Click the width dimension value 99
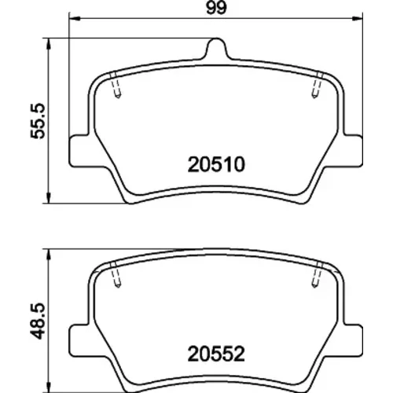tap(216, 8)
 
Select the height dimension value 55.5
tap(39, 121)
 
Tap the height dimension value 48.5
tap(39, 321)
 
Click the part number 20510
tap(216, 164)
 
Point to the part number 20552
tap(216, 354)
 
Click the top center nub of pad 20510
tap(216, 48)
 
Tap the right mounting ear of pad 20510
tap(353, 151)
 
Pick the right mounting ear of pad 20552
tap(353, 340)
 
